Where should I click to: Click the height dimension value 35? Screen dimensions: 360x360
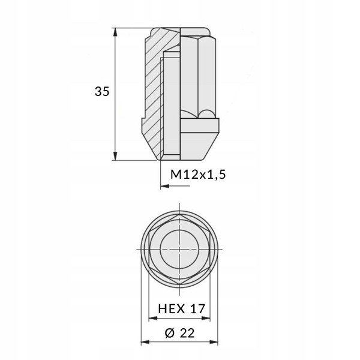101,92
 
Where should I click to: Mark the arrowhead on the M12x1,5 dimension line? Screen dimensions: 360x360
164,187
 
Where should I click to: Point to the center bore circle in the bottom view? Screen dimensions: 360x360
180,250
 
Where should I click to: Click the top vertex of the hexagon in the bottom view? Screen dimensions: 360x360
180,215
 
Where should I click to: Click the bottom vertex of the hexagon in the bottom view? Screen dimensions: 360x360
180,284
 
